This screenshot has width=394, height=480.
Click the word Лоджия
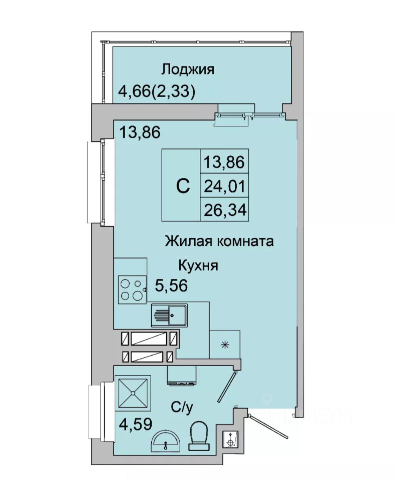click(x=188, y=69)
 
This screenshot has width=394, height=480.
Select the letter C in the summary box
click(x=183, y=186)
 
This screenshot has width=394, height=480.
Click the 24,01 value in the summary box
click(x=225, y=186)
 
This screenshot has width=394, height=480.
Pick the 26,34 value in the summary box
click(x=225, y=210)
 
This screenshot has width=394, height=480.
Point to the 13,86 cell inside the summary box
click(x=225, y=161)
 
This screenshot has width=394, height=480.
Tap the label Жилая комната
click(x=219, y=242)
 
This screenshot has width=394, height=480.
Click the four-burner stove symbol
click(x=131, y=289)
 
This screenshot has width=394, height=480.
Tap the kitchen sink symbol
click(x=169, y=315)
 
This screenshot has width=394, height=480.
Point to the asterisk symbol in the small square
click(x=225, y=344)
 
